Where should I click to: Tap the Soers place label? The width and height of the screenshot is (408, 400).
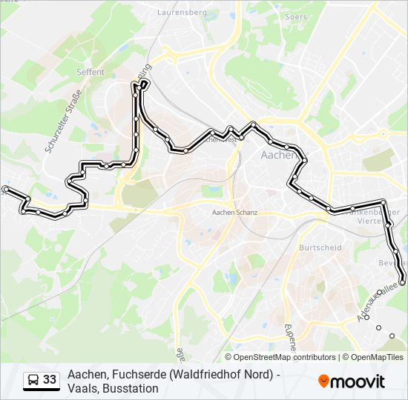296,16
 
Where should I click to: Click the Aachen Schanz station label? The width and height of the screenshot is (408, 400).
234,213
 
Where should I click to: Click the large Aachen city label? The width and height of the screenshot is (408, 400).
279,156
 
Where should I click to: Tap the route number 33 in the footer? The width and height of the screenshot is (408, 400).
50,380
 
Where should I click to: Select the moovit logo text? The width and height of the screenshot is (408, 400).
358,381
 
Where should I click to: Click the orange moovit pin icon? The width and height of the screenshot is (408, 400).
324,381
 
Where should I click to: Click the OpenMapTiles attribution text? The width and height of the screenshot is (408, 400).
377,357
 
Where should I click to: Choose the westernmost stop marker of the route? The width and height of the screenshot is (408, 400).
6,190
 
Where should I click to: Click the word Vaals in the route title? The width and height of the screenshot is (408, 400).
82,388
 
